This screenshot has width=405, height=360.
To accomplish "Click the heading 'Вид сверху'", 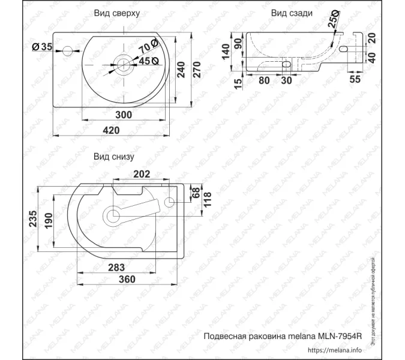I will tap(116, 13).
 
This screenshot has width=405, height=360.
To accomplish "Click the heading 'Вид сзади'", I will tap(291, 13).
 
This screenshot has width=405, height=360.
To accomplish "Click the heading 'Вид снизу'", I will tap(113, 157).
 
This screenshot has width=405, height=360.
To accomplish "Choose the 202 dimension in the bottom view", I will tap(140, 175).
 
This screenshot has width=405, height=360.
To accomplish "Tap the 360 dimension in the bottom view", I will tap(125, 280).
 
